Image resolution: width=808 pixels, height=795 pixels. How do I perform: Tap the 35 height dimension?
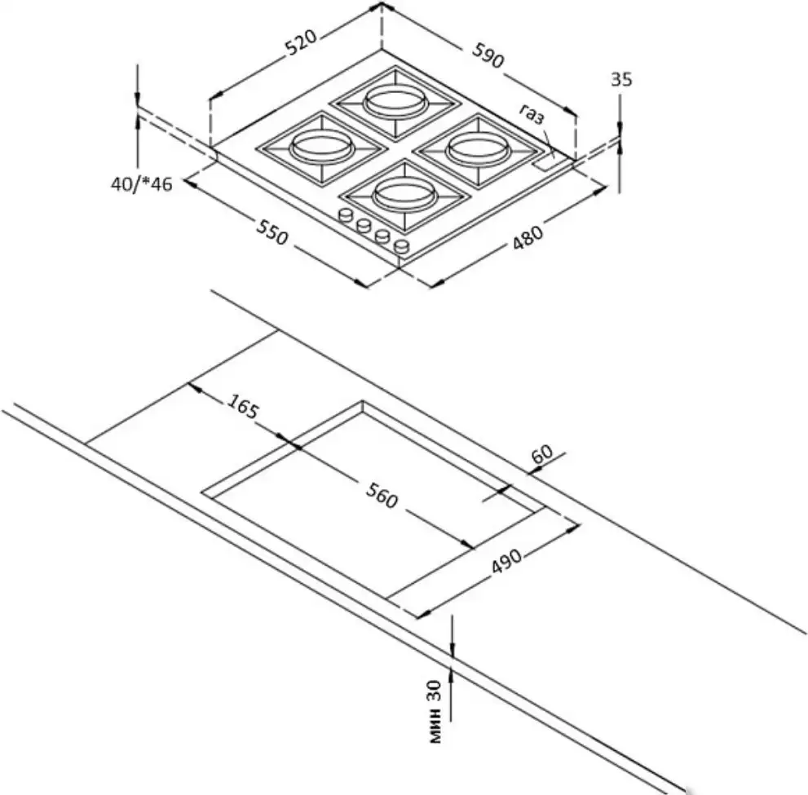coord(621,80)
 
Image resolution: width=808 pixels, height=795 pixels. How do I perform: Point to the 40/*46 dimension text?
coord(142,184)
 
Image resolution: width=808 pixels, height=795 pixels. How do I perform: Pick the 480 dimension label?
coord(528,236)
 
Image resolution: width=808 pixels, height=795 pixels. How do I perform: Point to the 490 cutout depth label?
coord(506,563)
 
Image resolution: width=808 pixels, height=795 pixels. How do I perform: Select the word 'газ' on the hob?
coord(534,116)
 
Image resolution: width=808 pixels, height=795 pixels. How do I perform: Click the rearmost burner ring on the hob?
coord(395,103)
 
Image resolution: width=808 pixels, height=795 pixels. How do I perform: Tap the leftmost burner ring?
coord(319,148)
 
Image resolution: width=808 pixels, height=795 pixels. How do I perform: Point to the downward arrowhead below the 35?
coord(620,127)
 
